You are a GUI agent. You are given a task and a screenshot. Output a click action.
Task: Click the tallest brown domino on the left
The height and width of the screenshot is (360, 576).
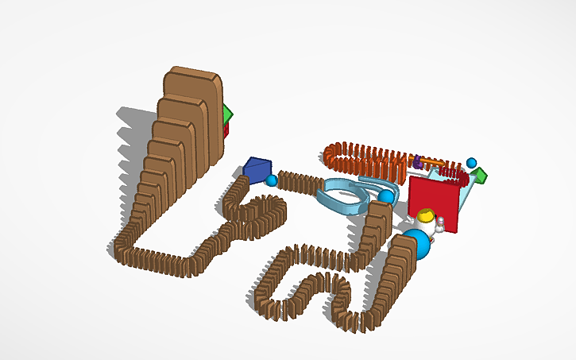tap(192, 111)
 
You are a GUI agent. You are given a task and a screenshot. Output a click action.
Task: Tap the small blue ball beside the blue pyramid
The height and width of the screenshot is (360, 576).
tap(273, 181)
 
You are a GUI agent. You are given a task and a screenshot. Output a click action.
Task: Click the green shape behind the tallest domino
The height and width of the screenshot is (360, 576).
tap(228, 114)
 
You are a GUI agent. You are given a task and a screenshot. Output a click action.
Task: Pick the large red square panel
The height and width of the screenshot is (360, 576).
tap(435, 198)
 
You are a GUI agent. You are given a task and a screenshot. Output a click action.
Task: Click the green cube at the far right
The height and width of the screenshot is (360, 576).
tap(480, 175)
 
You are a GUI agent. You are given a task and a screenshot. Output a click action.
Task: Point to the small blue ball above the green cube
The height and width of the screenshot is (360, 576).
tap(471, 162)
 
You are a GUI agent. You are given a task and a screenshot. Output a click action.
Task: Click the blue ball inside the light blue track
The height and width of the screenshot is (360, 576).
tap(386, 196)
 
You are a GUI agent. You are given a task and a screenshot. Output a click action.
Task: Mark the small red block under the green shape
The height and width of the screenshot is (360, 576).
tap(226, 130)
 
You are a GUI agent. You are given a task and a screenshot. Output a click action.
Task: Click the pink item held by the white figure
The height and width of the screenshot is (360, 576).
tap(439, 229)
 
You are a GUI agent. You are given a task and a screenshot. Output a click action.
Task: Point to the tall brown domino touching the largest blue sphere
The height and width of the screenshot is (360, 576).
tap(401, 262)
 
